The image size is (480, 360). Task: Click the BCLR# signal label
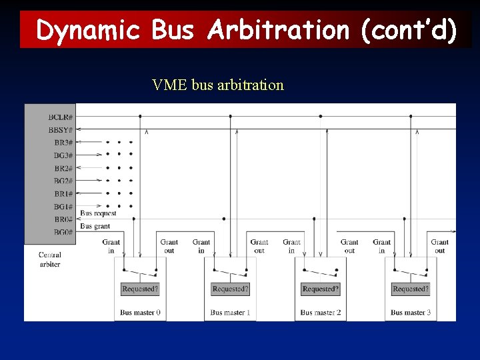[x=61, y=117]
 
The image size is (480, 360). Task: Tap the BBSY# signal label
[x=61, y=129]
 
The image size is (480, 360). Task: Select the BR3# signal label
[x=63, y=142]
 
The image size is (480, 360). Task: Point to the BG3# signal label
[x=63, y=155]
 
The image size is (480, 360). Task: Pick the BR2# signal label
[x=63, y=168]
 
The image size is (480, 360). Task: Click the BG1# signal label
[x=63, y=207]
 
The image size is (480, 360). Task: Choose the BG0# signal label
[x=63, y=233]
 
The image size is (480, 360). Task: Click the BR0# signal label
[x=63, y=219]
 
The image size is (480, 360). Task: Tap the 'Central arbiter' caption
[x=50, y=259]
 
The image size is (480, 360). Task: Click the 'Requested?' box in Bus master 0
[x=140, y=289]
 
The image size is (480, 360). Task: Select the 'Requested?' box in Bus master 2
[x=321, y=289]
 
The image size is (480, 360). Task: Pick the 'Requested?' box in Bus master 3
[x=411, y=289]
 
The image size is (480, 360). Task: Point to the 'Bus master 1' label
[x=230, y=312]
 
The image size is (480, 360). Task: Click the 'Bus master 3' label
[x=411, y=312]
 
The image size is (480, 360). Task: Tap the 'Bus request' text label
[x=98, y=213]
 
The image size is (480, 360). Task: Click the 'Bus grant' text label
[x=95, y=227]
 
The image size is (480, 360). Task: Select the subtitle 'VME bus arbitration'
[x=218, y=85]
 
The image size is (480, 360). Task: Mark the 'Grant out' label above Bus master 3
[x=440, y=247]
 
